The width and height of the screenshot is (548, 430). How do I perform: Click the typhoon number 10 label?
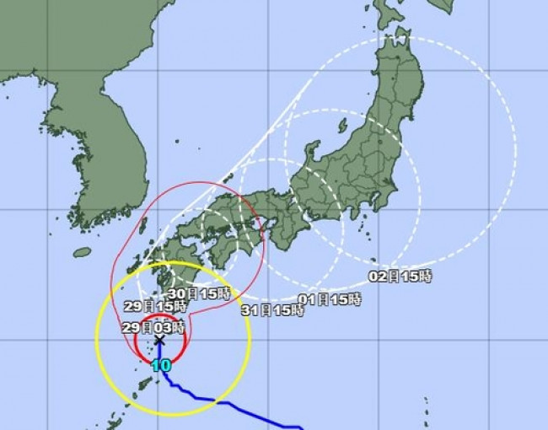click(160, 365)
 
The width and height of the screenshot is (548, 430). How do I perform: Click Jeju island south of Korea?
click(82, 252)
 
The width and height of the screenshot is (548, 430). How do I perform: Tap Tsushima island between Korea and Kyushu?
click(142, 224)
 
